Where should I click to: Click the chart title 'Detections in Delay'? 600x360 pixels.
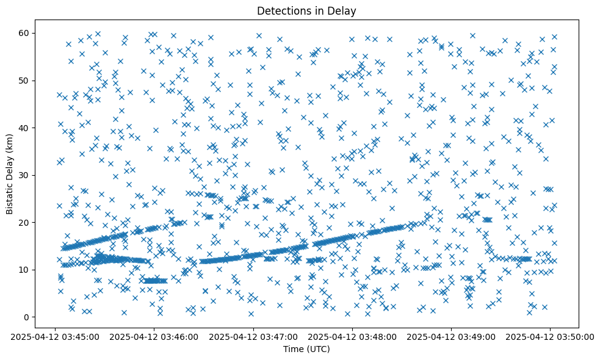pos(306,10)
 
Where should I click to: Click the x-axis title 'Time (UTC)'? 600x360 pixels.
pos(306,349)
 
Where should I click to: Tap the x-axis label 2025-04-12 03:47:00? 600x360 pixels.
pos(253,336)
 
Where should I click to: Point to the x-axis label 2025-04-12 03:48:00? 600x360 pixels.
pos(352,336)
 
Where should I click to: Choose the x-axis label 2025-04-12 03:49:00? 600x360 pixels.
pos(452,336)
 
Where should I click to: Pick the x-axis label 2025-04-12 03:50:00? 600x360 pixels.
pos(551,336)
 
